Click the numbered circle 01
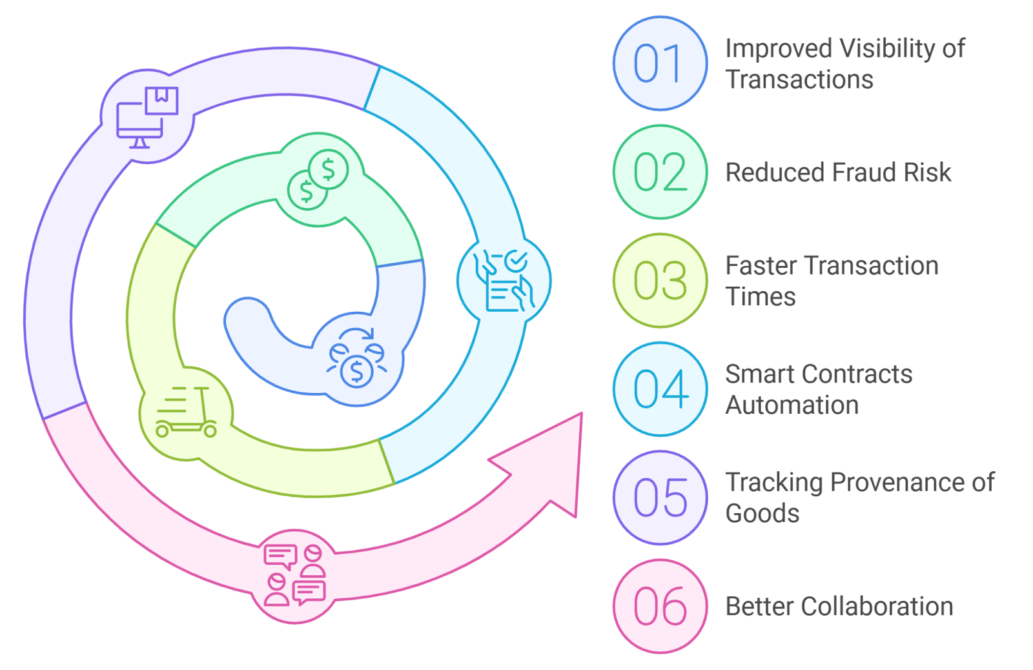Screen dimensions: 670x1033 (659, 64)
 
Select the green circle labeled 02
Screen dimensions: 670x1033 (659, 172)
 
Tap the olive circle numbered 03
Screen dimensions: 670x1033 (659, 281)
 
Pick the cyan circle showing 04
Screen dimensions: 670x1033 (659, 389)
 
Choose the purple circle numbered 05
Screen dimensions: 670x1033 (659, 498)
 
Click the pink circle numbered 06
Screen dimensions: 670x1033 (659, 606)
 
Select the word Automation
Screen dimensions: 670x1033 (792, 405)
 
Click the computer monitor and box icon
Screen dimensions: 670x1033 (147, 117)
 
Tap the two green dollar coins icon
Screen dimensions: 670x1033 (318, 179)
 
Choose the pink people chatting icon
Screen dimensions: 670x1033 (294, 575)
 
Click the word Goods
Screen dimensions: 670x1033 (762, 514)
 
